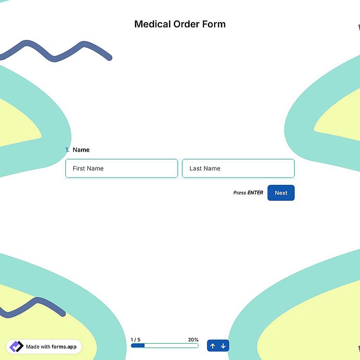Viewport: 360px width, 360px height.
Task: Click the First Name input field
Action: point(121,168)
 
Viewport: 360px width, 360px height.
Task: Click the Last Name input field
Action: point(238,168)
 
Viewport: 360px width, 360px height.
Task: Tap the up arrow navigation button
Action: point(213,346)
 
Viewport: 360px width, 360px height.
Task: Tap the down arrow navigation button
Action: point(223,346)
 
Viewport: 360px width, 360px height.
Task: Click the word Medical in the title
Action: point(153,24)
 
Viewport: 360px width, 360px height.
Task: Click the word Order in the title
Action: point(186,24)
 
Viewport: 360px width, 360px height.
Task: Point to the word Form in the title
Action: point(214,24)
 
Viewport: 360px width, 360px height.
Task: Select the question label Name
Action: point(81,150)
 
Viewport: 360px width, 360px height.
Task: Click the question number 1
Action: point(67,150)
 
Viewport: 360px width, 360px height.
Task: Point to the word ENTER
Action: point(255,192)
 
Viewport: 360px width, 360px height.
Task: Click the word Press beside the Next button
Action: point(240,192)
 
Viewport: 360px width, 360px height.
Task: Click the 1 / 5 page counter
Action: point(135,339)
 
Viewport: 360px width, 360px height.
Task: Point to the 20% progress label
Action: point(193,339)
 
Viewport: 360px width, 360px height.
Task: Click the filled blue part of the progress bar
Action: point(138,346)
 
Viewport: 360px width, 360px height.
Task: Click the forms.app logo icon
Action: point(16,347)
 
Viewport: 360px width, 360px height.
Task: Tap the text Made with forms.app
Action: point(51,347)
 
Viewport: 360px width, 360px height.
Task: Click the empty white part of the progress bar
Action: point(171,346)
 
